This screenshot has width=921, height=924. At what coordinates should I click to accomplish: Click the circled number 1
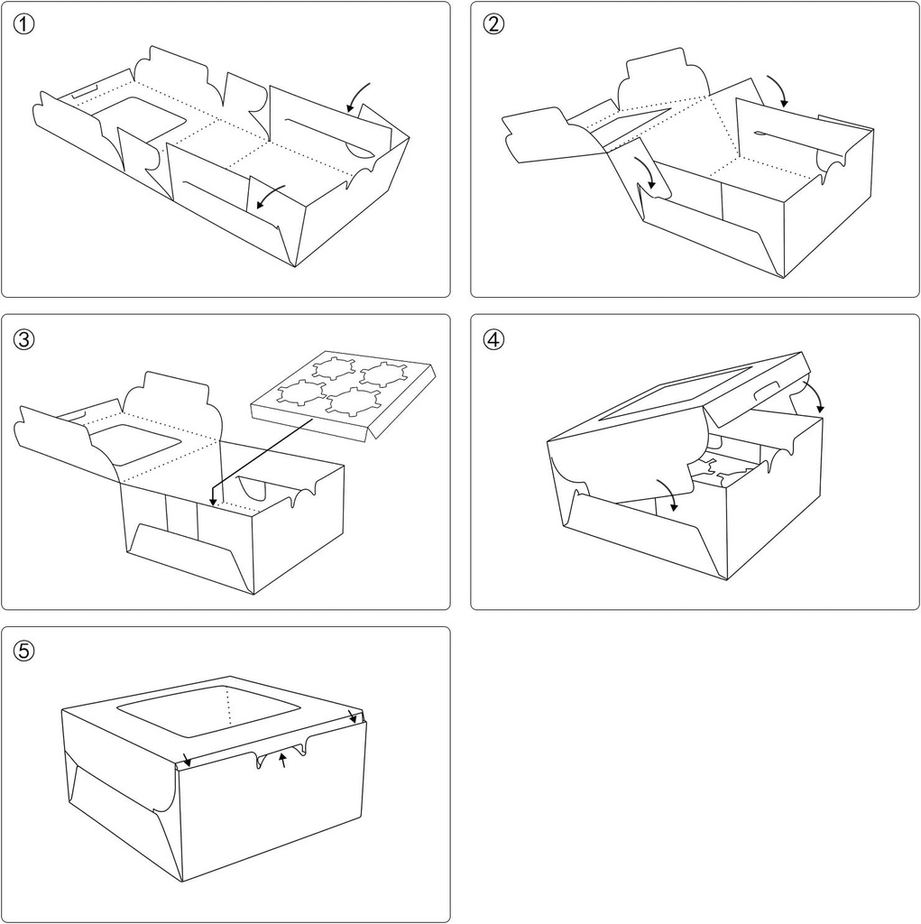(24, 24)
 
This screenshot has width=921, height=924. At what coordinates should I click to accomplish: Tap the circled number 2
(493, 24)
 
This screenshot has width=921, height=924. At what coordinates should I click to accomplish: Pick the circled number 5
(24, 651)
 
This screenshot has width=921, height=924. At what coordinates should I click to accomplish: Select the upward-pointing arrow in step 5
(283, 759)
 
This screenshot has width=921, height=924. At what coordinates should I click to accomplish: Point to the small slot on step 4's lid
(763, 389)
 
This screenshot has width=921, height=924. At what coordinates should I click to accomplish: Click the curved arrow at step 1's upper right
(358, 96)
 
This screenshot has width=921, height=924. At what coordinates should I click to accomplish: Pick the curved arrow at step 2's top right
(775, 90)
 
